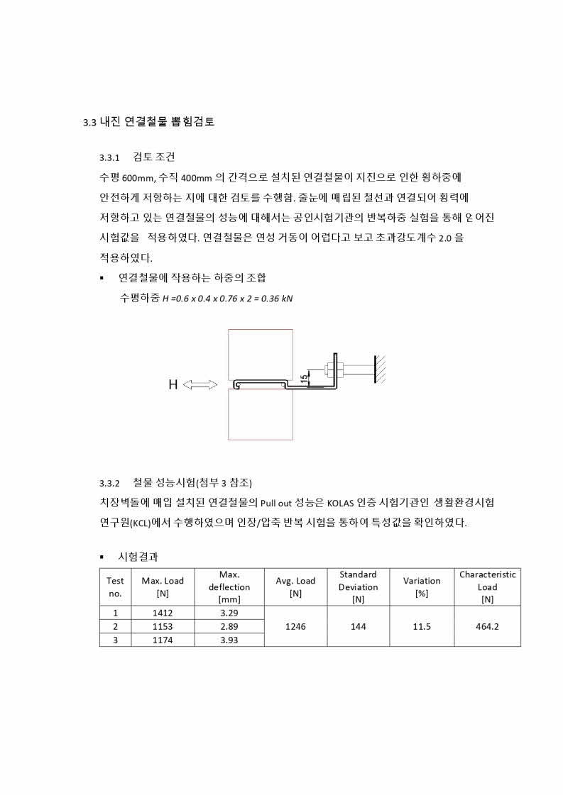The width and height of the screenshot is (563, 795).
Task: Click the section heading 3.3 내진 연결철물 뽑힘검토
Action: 148,122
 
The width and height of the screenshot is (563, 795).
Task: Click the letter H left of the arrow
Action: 173,385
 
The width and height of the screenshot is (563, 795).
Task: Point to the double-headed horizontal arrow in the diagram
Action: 200,385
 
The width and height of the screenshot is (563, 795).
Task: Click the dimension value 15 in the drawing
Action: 304,379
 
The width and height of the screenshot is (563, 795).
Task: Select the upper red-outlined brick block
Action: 260,354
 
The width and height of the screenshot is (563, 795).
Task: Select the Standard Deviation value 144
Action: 358,626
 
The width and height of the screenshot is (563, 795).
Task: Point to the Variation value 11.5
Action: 421,626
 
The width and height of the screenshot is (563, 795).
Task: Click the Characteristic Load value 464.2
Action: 487,626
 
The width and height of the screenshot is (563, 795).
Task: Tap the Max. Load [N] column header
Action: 162,586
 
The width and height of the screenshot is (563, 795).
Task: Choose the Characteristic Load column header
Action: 487,586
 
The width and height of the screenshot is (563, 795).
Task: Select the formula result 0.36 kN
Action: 277,298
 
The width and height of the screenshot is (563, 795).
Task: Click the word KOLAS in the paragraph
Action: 344,504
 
